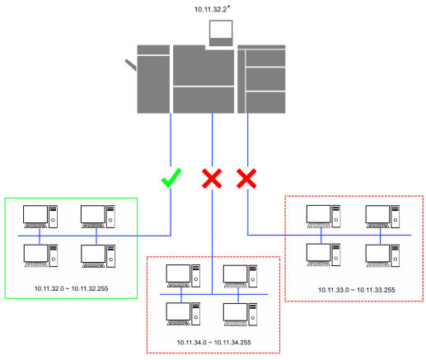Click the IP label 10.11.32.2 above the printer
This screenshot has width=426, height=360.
pyautogui.click(x=210, y=10)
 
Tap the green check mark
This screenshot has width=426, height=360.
pyautogui.click(x=171, y=178)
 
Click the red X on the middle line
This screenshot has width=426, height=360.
pyautogui.click(x=212, y=179)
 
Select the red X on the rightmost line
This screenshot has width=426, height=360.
pyautogui.click(x=246, y=179)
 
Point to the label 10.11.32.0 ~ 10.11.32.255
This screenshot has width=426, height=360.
pyautogui.click(x=71, y=288)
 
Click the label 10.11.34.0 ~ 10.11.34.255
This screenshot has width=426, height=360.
pyautogui.click(x=213, y=343)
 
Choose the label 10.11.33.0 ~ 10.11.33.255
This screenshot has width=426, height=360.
pyautogui.click(x=357, y=290)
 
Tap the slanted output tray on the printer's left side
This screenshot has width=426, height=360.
pyautogui.click(x=131, y=65)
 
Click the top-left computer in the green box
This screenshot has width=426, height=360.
pyautogui.click(x=40, y=217)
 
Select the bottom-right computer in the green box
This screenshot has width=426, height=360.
pyautogui.click(x=98, y=256)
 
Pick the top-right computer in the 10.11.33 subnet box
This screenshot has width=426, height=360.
pyautogui.click(x=382, y=217)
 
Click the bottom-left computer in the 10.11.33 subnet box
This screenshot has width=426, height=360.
pyautogui.click(x=323, y=255)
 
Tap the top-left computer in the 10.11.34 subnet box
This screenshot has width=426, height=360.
pyautogui.click(x=183, y=276)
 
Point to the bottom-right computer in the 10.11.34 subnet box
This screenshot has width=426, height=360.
pyautogui.click(x=240, y=315)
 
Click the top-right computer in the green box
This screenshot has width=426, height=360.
pyautogui.click(x=98, y=217)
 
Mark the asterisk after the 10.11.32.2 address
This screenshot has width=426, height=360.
pyautogui.click(x=229, y=7)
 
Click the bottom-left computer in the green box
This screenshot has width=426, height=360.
pyautogui.click(x=40, y=255)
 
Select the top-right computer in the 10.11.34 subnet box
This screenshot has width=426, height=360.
pyautogui.click(x=240, y=276)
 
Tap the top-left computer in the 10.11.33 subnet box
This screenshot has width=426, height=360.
pyautogui.click(x=323, y=217)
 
